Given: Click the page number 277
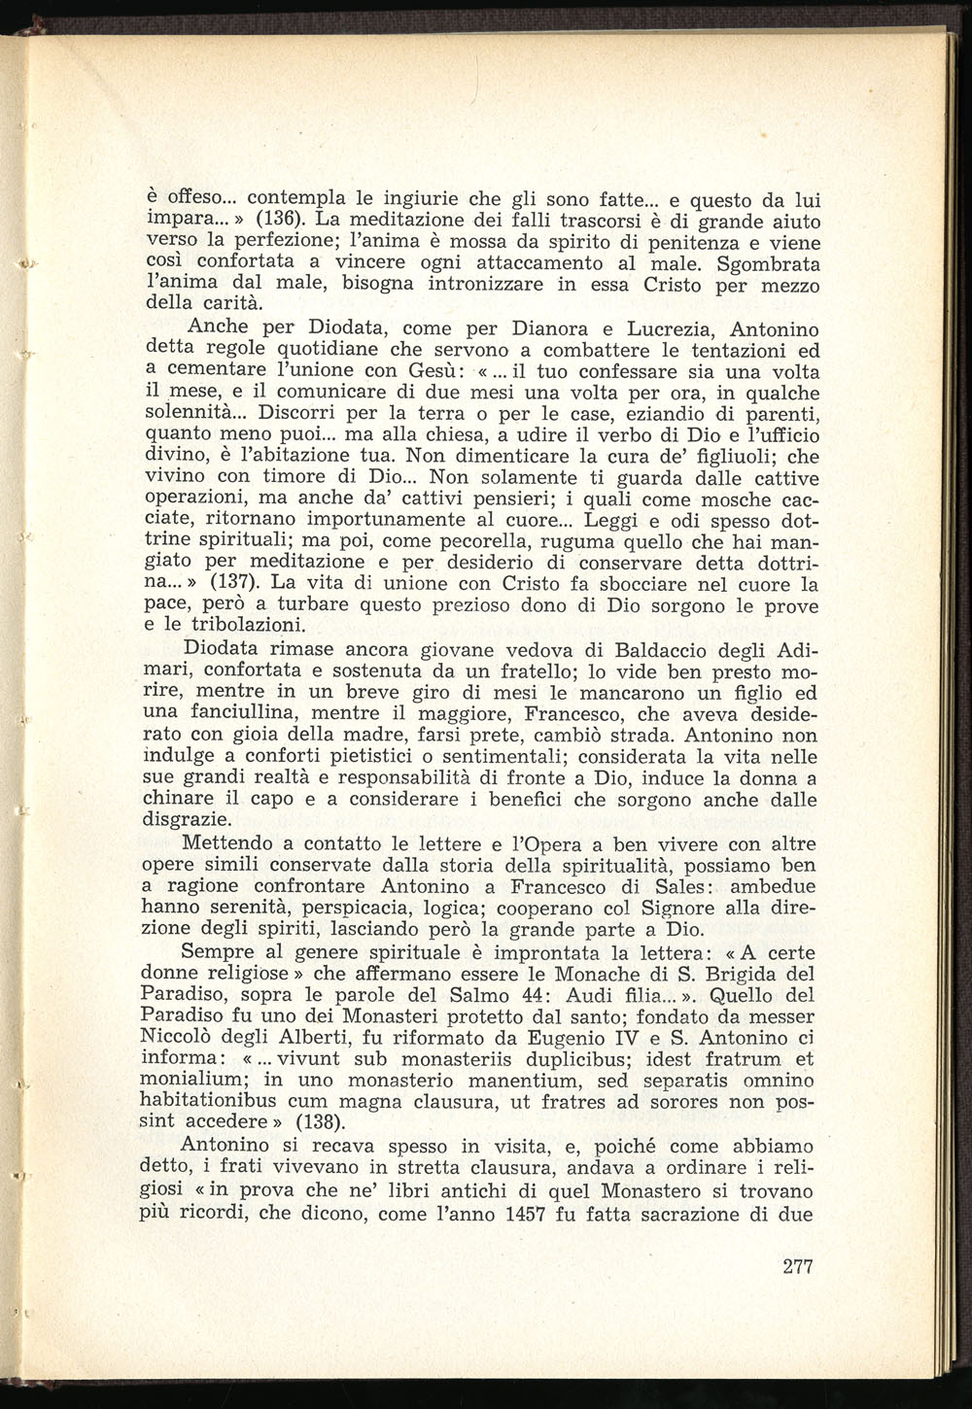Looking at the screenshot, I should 796,1266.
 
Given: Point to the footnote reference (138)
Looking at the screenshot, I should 316,1120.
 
